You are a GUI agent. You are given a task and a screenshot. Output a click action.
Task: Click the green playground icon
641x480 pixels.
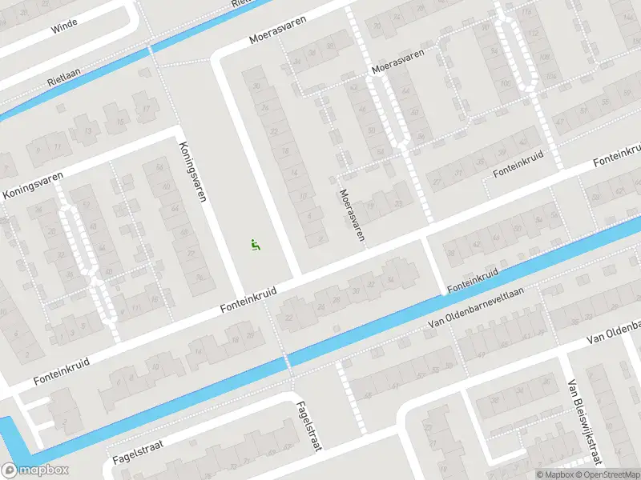click(x=256, y=245)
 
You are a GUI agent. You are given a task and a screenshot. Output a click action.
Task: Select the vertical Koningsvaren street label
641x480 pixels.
click(x=193, y=170)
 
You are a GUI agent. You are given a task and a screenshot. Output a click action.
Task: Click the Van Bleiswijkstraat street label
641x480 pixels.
click(x=584, y=431)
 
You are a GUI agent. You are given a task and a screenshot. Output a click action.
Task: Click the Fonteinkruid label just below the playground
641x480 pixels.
click(x=249, y=301)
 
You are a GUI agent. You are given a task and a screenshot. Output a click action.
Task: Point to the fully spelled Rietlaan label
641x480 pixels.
click(x=65, y=81)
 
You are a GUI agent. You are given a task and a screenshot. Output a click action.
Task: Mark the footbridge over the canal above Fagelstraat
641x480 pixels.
click(x=287, y=361)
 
